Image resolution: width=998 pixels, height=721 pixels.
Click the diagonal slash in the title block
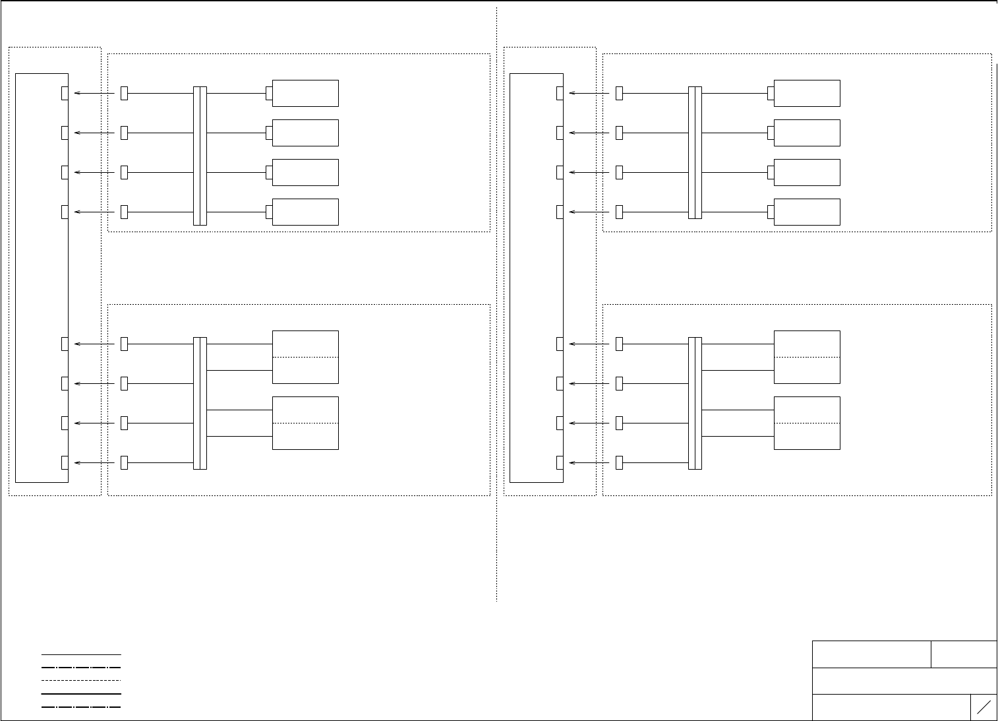[x=983, y=707]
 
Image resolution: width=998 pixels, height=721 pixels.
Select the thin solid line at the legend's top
[x=81, y=654]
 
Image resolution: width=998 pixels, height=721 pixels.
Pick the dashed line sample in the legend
[x=81, y=680]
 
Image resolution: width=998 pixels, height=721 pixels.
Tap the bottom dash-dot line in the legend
[x=81, y=707]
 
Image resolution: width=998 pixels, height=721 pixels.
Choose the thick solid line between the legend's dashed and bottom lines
[x=81, y=694]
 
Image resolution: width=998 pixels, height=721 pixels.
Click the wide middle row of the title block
[x=904, y=681]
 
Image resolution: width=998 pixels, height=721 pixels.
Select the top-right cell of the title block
[x=964, y=654]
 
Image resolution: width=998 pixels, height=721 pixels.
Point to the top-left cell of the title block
[x=871, y=654]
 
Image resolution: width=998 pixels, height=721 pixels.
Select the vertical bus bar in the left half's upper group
[x=200, y=156]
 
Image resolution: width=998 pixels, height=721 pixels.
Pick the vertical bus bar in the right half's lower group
[x=695, y=403]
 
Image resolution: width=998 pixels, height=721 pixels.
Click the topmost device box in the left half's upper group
[x=305, y=93]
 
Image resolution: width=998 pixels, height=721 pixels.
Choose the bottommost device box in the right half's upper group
[x=807, y=212]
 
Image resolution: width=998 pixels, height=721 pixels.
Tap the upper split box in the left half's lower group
[x=305, y=357]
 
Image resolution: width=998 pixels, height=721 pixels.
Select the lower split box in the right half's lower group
[x=807, y=423]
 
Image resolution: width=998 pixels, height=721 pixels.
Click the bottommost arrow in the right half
[x=589, y=462]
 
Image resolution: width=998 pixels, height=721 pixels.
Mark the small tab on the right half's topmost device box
[x=771, y=93]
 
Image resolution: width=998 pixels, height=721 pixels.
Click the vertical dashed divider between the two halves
[x=496, y=304]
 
